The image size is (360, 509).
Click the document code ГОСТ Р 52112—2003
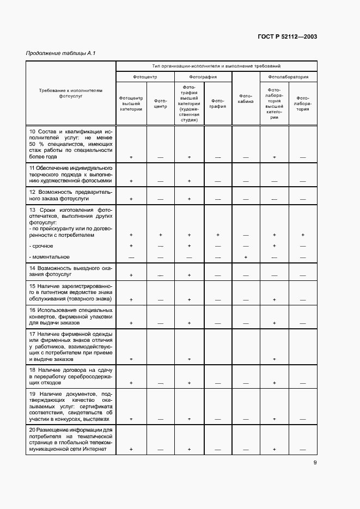[288, 37]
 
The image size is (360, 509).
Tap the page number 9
[315, 463]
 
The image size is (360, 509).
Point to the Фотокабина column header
[246, 100]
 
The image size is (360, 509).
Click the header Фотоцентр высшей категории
[131, 103]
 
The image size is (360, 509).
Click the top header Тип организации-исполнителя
[216, 65]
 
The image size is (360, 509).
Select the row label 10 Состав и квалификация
[70, 144]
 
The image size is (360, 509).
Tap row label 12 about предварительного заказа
[70, 196]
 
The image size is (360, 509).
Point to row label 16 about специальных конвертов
[70, 316]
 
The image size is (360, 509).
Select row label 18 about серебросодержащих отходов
[70, 376]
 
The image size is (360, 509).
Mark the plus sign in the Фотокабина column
[246, 257]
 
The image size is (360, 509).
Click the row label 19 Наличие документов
[70, 406]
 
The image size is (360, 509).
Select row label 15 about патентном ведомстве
[70, 292]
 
